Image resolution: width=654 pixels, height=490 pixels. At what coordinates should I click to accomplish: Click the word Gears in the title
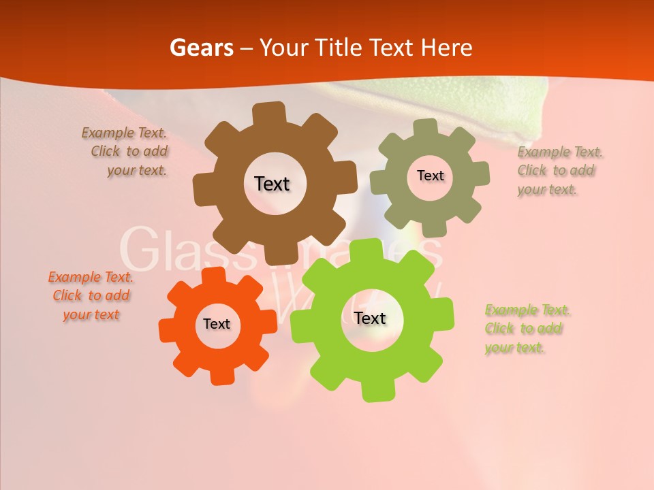click(x=201, y=48)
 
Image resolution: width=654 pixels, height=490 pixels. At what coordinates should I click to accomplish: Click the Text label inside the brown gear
click(x=272, y=184)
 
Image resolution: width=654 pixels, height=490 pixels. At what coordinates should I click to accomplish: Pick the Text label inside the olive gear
click(x=430, y=176)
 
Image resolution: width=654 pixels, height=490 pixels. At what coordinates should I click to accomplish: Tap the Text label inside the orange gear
click(x=217, y=325)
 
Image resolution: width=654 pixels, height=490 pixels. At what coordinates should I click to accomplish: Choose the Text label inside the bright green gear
click(x=370, y=318)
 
